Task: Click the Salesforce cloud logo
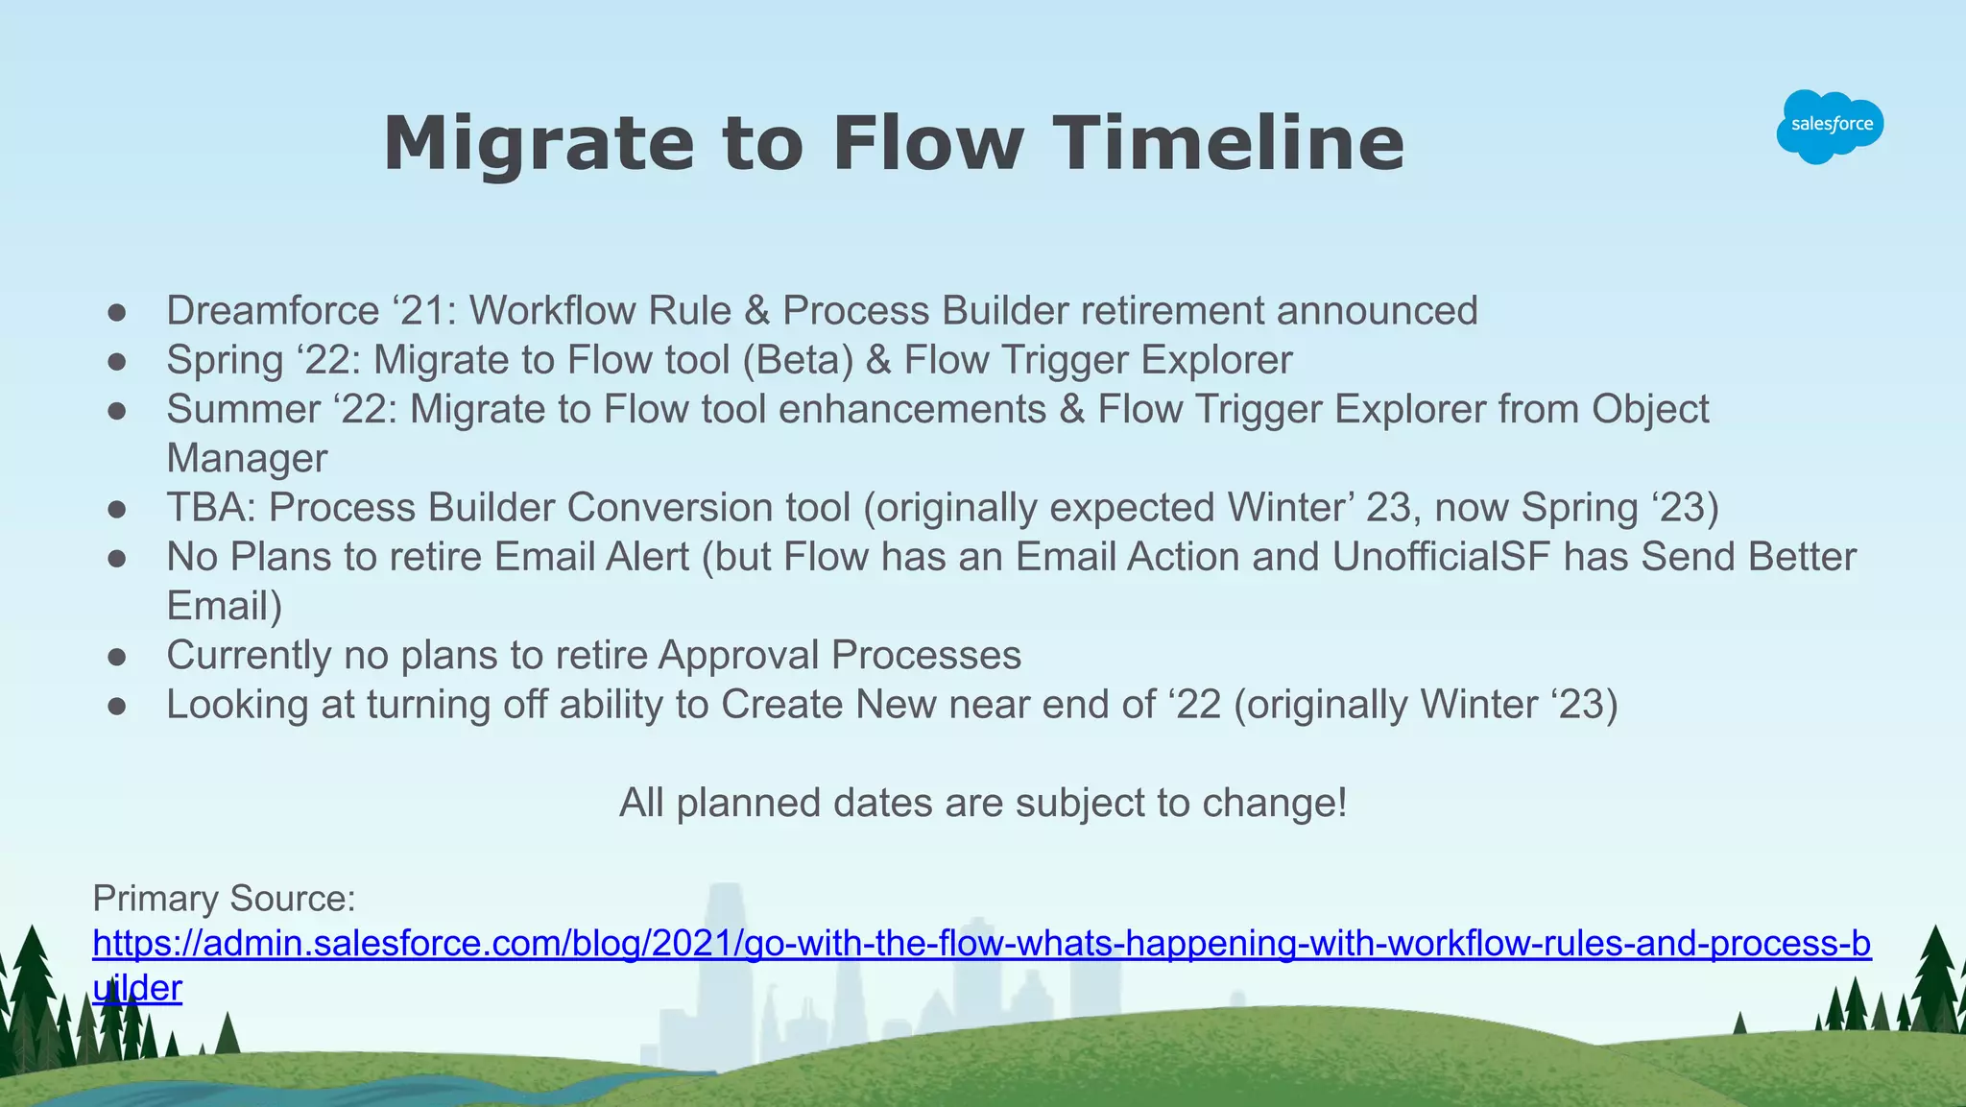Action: (x=1830, y=126)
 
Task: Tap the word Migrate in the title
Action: (x=538, y=144)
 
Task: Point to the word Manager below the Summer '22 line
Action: (x=247, y=459)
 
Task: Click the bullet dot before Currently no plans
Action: (x=117, y=657)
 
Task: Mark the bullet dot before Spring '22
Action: (x=117, y=362)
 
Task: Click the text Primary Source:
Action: (x=224, y=899)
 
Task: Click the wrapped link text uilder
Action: (x=137, y=988)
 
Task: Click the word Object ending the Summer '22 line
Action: (x=1650, y=410)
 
